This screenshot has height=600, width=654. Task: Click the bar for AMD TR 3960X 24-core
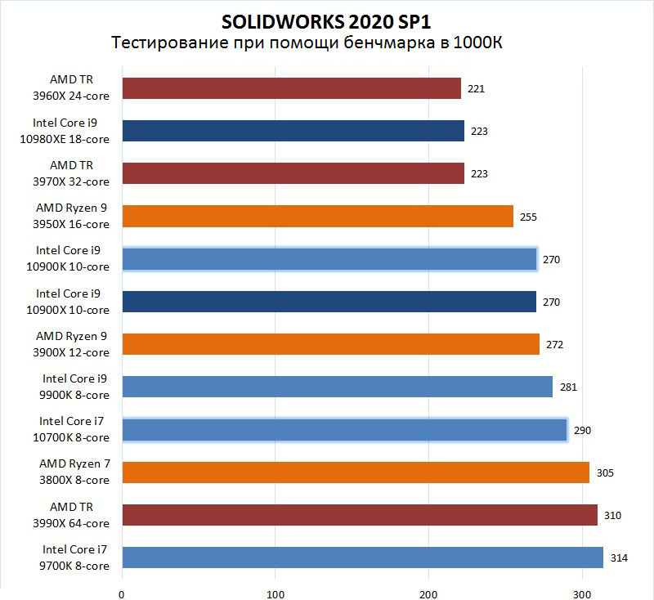click(291, 88)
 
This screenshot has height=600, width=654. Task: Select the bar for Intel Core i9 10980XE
click(293, 131)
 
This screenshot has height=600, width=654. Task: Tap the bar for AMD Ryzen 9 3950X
click(317, 217)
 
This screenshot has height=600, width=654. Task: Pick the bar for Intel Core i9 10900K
click(329, 259)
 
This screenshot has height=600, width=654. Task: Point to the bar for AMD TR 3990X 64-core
click(360, 515)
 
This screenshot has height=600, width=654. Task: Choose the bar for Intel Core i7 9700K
click(362, 557)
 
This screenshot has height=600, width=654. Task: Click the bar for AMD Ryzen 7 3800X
click(356, 472)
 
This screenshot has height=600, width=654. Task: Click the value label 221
click(477, 88)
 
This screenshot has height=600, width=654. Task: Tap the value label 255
click(529, 217)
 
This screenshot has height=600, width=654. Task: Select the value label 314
click(619, 557)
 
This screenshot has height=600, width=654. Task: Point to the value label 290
click(582, 430)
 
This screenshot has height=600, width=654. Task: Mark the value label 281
click(568, 387)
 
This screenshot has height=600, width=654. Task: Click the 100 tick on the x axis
click(275, 593)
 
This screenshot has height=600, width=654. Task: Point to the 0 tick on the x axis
click(122, 593)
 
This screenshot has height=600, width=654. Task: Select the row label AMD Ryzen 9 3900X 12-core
click(72, 345)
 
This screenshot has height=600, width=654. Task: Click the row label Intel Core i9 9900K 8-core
click(75, 387)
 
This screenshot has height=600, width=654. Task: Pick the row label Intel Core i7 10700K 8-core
click(74, 430)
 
